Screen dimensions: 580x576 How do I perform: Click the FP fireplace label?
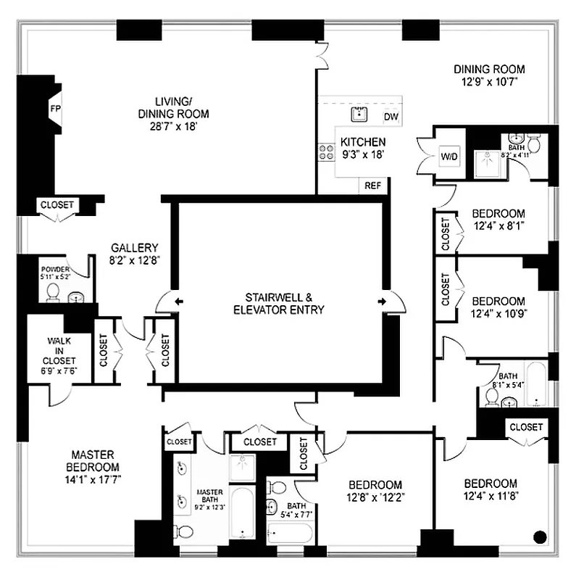click(55, 108)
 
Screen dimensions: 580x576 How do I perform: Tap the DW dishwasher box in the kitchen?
click(391, 117)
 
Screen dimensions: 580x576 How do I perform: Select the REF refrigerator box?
click(372, 186)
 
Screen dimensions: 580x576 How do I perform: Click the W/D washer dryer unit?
click(449, 157)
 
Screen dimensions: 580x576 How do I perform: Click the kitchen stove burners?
click(324, 152)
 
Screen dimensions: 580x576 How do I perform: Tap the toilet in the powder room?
click(53, 291)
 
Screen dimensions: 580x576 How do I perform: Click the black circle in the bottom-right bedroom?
click(539, 537)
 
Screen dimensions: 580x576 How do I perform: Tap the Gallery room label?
click(134, 248)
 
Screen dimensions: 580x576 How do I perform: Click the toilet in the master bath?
click(184, 532)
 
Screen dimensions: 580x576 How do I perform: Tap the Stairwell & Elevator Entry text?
click(279, 304)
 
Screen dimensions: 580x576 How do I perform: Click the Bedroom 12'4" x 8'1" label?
click(498, 220)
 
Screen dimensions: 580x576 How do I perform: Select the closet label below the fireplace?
click(57, 205)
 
